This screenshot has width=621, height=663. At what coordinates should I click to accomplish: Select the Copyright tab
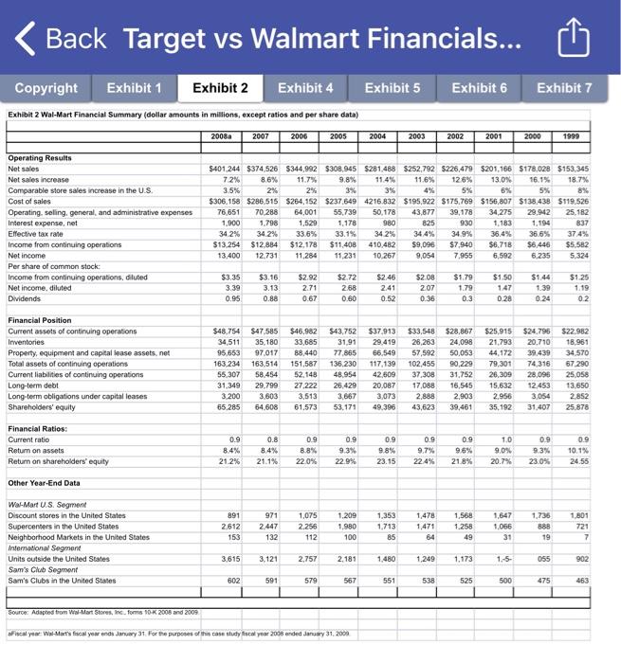pyautogui.click(x=46, y=88)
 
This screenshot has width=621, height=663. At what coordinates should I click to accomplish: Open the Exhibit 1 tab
pyautogui.click(x=134, y=88)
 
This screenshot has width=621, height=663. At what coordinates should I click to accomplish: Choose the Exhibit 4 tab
pyautogui.click(x=304, y=88)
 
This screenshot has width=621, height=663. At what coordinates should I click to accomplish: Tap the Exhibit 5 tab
pyautogui.click(x=393, y=88)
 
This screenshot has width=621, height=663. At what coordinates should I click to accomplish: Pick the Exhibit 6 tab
pyautogui.click(x=479, y=88)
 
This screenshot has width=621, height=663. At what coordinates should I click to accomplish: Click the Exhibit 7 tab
pyautogui.click(x=564, y=88)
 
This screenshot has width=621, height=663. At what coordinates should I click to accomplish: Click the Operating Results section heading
pyautogui.click(x=39, y=158)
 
